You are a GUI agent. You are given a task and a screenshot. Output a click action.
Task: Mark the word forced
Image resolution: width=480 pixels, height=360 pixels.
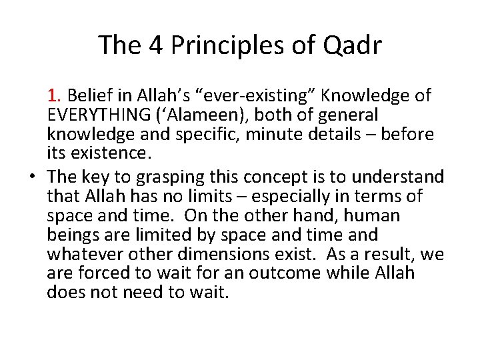pos(99,274)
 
